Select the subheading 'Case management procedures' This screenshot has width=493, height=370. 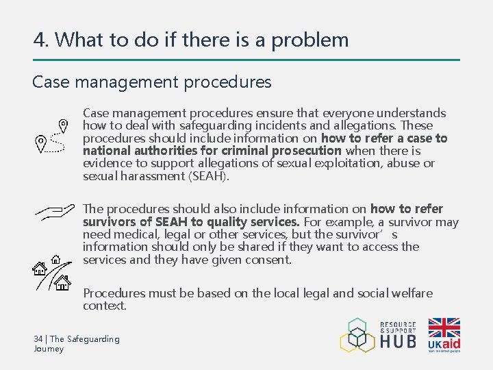click(152, 83)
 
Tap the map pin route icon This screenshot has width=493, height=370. click(52, 135)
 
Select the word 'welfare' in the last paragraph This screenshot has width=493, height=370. click(411, 293)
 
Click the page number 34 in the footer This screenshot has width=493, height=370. click(38, 339)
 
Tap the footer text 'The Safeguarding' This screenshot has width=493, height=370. click(85, 339)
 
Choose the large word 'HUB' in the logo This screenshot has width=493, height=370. click(398, 341)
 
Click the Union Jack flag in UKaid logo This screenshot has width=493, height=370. click(444, 328)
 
